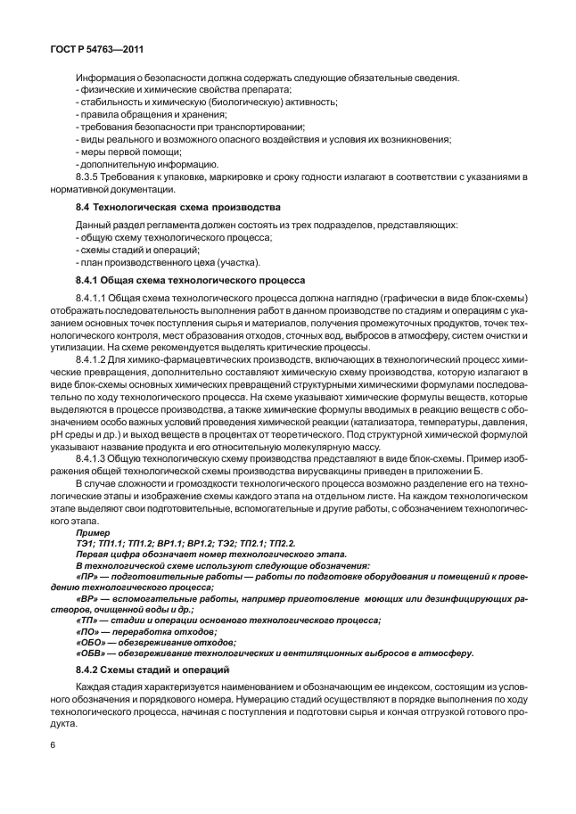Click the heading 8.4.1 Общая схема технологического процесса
[x=190, y=278]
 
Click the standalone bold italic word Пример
[x=94, y=531]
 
